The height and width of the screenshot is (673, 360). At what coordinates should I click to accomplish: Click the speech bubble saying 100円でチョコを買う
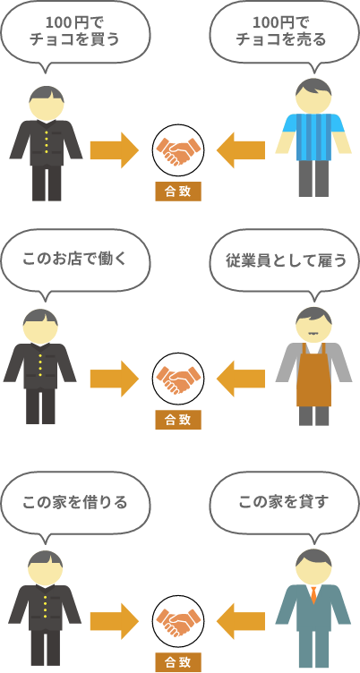click(x=75, y=31)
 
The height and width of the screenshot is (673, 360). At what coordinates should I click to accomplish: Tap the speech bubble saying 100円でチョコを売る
click(x=285, y=31)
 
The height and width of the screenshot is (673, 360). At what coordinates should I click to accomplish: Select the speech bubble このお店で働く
click(x=75, y=260)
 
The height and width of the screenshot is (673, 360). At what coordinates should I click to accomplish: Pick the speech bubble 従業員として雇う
click(x=285, y=260)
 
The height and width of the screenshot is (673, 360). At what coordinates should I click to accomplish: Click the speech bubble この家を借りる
click(x=75, y=502)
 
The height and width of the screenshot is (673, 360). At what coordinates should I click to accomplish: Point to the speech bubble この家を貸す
click(x=285, y=502)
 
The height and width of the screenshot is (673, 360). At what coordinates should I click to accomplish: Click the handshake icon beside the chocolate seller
click(x=178, y=150)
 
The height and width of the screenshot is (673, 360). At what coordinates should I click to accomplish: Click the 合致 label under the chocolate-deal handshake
click(x=178, y=192)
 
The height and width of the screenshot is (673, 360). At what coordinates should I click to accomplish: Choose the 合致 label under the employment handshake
click(x=178, y=420)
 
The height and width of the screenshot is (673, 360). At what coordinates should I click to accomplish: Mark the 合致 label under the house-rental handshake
click(x=178, y=662)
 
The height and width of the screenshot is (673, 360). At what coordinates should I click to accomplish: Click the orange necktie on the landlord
click(x=313, y=595)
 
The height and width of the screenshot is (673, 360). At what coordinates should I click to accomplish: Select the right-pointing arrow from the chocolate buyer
click(x=115, y=150)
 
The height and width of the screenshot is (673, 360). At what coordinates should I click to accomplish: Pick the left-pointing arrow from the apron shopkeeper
click(x=241, y=379)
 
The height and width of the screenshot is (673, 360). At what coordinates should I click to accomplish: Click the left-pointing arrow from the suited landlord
click(x=241, y=621)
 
